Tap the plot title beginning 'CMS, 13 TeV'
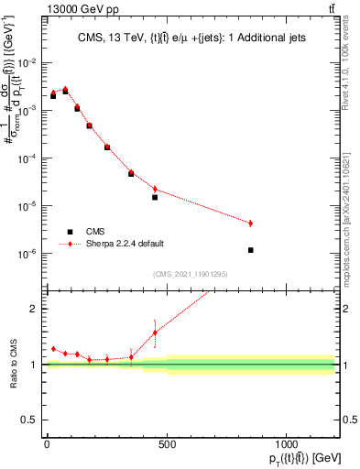191,38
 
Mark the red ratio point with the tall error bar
155,333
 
